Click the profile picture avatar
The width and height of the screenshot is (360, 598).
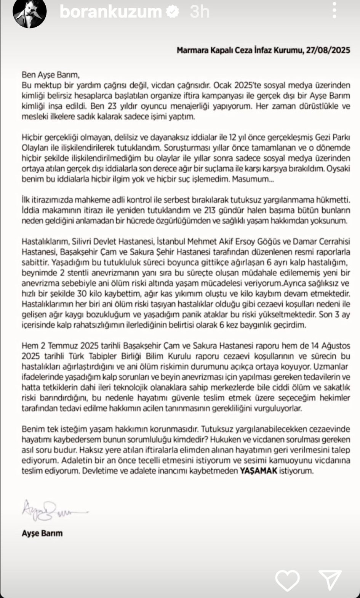pos(29,13)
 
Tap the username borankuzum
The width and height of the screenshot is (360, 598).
pos(110,12)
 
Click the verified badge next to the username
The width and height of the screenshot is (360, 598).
pos(173,12)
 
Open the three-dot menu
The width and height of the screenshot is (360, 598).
pos(334,11)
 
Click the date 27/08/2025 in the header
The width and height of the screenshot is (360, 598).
pos(328,50)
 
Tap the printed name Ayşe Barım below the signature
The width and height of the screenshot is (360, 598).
pos(42,533)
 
